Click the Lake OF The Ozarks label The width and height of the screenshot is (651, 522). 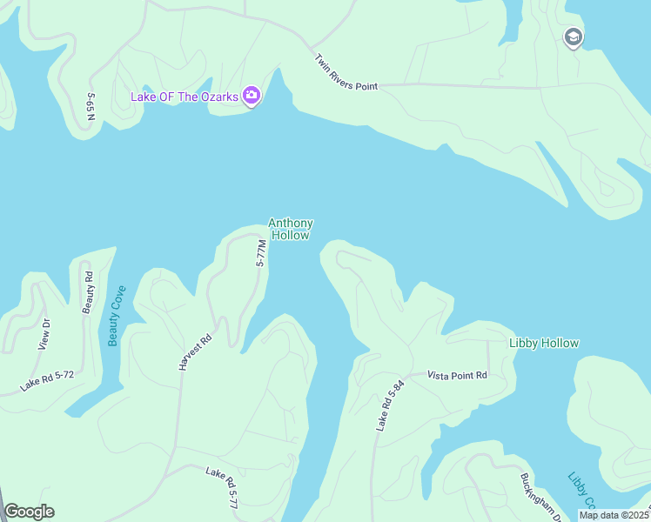[x=184, y=97]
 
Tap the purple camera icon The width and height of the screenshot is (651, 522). [x=252, y=96]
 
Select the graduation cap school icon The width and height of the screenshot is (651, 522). [x=573, y=37]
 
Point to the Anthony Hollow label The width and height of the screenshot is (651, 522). [x=290, y=230]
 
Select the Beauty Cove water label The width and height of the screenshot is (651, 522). [x=116, y=315]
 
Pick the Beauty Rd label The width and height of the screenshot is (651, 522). [x=88, y=292]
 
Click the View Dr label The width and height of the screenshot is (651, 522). [x=44, y=334]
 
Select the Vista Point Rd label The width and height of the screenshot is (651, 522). [x=457, y=375]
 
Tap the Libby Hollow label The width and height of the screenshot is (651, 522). [x=544, y=344]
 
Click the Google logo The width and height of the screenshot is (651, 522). [x=29, y=512]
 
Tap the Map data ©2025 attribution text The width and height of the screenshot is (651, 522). [x=614, y=515]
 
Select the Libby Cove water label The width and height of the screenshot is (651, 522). [x=581, y=492]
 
